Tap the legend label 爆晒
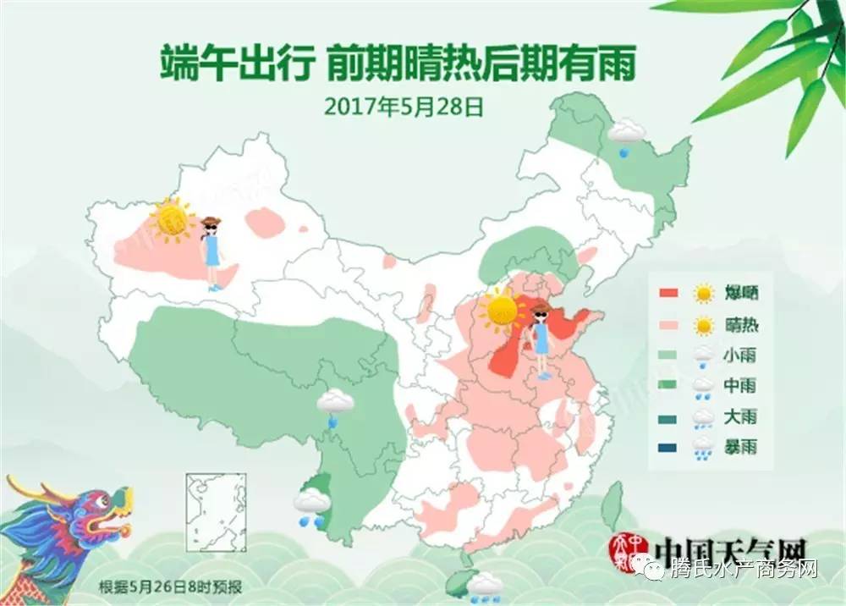click(740, 294)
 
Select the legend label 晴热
click(740, 325)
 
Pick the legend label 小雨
click(740, 356)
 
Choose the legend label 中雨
click(740, 387)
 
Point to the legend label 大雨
click(740, 417)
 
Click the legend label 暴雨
click(740, 447)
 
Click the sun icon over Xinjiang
click(172, 220)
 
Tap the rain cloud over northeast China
click(626, 134)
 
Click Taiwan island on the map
click(612, 505)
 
